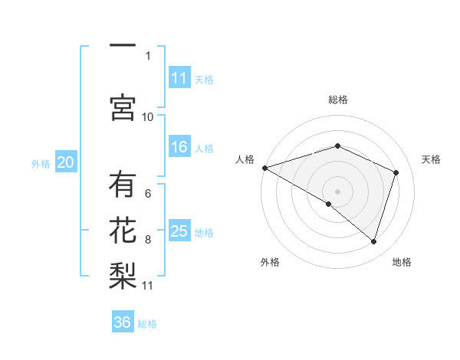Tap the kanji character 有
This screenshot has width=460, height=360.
(x=122, y=185)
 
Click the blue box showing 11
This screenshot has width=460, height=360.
(x=179, y=78)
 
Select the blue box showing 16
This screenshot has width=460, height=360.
(x=179, y=147)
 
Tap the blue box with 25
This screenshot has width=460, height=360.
(x=179, y=231)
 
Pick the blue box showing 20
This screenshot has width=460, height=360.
(x=66, y=162)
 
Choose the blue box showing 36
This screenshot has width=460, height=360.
(x=123, y=322)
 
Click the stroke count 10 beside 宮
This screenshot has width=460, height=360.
(x=148, y=116)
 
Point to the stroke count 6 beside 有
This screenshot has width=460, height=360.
(x=148, y=194)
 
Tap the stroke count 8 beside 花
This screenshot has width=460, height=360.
(x=148, y=240)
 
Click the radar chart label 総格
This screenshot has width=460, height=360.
(x=337, y=100)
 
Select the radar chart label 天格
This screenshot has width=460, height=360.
(x=432, y=159)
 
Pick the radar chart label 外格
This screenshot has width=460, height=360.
(x=270, y=262)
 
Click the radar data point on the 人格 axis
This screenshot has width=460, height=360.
(x=264, y=167)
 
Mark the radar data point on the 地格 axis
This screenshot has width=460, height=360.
(x=373, y=241)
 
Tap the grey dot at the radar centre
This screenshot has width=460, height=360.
(x=337, y=191)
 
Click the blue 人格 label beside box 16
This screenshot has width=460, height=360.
(x=204, y=148)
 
